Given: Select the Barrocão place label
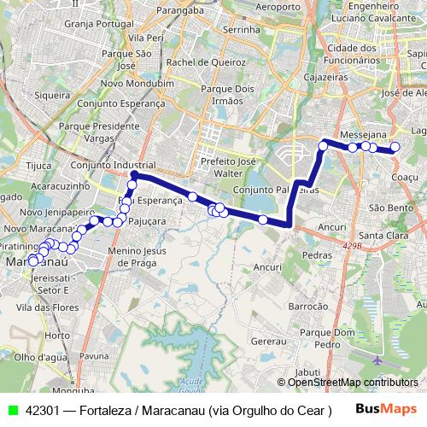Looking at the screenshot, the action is (308, 305).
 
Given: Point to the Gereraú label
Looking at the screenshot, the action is (269, 340).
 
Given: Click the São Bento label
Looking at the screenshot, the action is (389, 208).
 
